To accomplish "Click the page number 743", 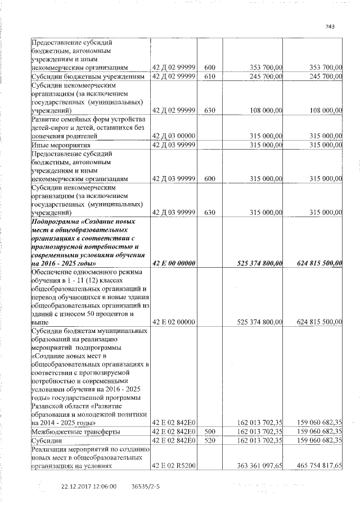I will (330, 26).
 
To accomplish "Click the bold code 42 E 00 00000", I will (174, 263).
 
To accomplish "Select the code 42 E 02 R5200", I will (174, 466).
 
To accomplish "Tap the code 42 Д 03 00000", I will (174, 136).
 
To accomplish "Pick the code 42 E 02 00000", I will (174, 322).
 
